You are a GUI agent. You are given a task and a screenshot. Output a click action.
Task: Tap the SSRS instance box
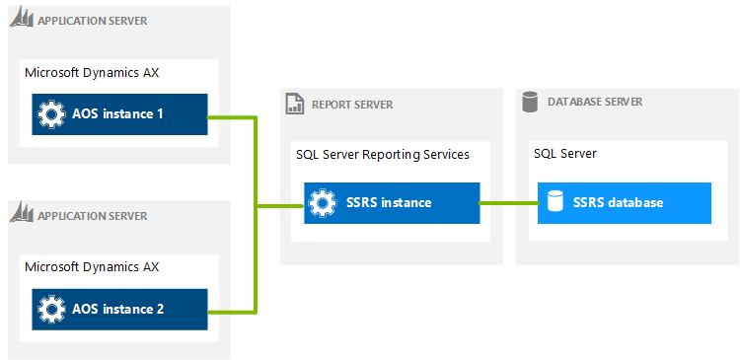point(391,203)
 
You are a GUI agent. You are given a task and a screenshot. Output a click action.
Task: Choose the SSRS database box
point(624,203)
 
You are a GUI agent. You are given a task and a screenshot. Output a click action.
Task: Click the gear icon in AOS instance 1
point(50,114)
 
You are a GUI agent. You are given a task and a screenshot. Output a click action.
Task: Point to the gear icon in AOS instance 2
point(50,309)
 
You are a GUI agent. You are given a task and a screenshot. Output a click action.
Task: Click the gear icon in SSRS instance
point(322,203)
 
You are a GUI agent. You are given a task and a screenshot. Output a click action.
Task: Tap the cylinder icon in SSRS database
point(555,203)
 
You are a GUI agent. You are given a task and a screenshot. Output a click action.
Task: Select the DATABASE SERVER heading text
point(595,102)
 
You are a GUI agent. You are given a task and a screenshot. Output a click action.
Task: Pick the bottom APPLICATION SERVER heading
point(92,216)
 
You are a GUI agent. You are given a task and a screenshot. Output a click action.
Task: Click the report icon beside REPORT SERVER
point(294,104)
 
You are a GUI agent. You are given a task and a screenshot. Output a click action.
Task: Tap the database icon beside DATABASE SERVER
point(530,101)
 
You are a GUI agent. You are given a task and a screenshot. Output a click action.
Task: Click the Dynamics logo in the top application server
point(22,20)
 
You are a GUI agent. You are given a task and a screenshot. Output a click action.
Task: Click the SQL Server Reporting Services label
point(383,155)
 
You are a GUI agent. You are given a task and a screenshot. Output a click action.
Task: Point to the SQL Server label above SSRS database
point(564,154)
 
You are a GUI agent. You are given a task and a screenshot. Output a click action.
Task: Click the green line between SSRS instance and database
point(508,203)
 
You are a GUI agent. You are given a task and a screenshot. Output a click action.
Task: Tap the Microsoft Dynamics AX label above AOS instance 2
point(91,266)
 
